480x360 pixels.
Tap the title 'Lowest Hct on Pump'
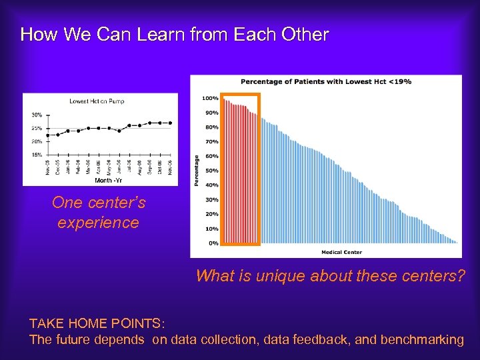[97, 101]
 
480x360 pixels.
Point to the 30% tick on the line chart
[37, 114]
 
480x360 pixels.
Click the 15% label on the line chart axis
[37, 155]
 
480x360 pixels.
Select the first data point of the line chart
[47, 135]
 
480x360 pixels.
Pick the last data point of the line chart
[170, 123]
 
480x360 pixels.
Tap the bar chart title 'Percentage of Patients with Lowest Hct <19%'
[325, 81]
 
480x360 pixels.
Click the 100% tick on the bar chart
[210, 99]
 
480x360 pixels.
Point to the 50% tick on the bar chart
[211, 171]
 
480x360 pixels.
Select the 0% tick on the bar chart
[213, 243]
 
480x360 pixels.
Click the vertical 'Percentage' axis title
[197, 171]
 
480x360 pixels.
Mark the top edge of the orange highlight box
[240, 95]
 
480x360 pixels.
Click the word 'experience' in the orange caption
[98, 223]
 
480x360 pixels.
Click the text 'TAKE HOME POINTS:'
[97, 323]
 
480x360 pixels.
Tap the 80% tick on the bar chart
[211, 127]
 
